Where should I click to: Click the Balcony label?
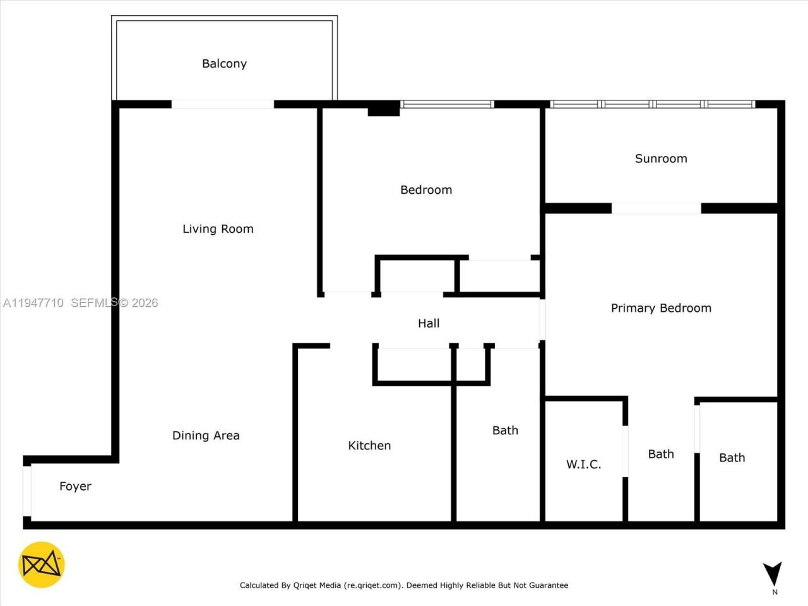click(224, 64)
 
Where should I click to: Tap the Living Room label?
click(218, 229)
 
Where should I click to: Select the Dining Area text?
click(206, 436)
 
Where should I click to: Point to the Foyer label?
click(75, 486)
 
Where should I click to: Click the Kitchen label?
click(369, 446)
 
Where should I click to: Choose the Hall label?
click(429, 323)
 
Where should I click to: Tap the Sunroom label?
click(661, 158)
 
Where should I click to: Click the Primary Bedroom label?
click(661, 308)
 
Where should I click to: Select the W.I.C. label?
click(583, 465)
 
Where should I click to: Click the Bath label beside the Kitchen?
click(505, 431)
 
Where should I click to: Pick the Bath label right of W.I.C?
click(661, 454)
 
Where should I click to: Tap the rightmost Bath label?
click(732, 458)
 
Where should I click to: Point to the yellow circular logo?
click(41, 564)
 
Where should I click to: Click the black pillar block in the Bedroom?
click(384, 109)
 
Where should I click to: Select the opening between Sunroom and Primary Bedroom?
click(656, 208)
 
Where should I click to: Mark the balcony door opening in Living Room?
click(222, 104)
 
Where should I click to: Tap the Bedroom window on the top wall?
click(447, 104)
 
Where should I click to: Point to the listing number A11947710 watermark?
click(33, 303)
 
